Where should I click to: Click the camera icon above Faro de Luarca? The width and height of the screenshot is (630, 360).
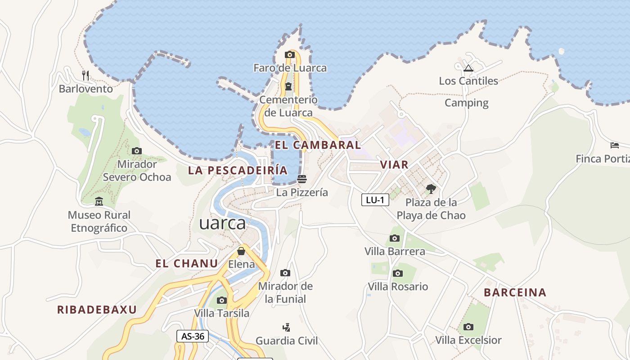(x=289, y=55)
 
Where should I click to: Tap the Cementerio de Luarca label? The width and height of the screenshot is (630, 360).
(x=288, y=106)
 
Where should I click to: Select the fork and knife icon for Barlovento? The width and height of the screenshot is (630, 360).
(x=85, y=75)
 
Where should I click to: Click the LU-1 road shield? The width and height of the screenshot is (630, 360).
(x=375, y=200)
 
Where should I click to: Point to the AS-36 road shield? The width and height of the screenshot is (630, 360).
(x=193, y=336)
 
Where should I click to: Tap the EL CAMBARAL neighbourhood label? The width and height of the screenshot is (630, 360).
(x=318, y=145)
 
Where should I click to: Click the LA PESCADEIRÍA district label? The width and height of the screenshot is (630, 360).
(x=238, y=170)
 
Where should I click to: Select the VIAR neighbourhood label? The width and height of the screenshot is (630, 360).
(x=394, y=165)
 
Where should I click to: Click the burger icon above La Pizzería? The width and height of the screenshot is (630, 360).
(x=302, y=179)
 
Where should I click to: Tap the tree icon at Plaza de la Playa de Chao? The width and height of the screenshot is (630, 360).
(x=431, y=189)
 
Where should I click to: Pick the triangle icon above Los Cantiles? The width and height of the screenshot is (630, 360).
(x=468, y=68)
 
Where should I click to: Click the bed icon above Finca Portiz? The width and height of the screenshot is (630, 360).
(x=615, y=145)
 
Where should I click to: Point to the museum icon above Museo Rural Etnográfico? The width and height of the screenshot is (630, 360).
(x=99, y=202)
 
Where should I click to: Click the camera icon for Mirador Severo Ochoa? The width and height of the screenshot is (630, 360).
(x=137, y=151)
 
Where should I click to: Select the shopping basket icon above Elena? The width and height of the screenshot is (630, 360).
(x=241, y=251)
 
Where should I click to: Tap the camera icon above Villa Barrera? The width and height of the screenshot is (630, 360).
(x=395, y=238)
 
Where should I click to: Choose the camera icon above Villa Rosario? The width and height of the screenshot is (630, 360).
(x=398, y=273)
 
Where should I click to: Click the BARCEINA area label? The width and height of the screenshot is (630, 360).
(x=515, y=292)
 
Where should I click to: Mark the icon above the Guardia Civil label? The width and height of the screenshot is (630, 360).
(x=286, y=327)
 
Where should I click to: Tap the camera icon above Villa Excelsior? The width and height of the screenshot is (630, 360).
(x=468, y=327)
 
